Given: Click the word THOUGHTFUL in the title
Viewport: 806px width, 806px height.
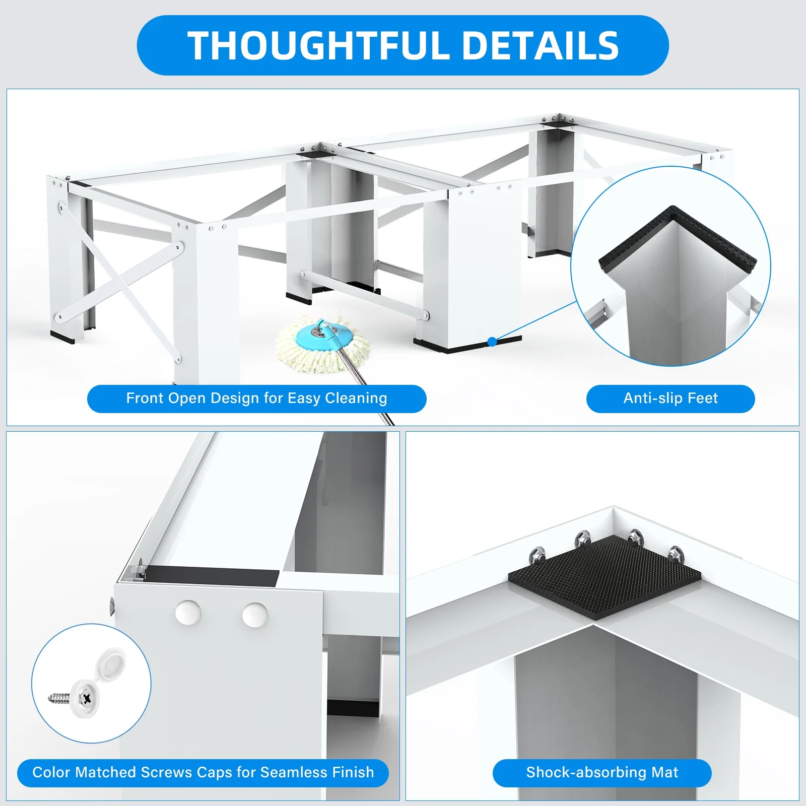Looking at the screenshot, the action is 318,45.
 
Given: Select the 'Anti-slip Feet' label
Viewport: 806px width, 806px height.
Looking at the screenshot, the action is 670,398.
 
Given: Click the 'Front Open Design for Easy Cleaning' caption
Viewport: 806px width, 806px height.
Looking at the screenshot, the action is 256,398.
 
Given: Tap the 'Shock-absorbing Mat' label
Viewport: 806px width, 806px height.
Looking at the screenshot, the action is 602,772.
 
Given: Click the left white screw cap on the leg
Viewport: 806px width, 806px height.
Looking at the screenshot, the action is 188,613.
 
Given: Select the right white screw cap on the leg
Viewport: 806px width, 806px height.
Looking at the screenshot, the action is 255,615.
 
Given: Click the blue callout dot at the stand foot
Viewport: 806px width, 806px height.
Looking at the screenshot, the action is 493,342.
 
